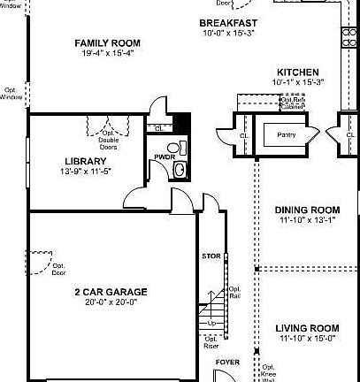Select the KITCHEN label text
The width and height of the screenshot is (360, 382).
(297, 71)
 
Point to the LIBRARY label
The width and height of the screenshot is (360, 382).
(86, 161)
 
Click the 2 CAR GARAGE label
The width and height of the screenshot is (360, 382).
(111, 291)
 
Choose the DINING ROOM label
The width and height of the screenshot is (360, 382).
(308, 210)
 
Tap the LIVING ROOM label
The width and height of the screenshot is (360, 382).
(308, 326)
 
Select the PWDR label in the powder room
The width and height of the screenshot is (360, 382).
(165, 157)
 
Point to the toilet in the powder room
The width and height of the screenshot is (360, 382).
(173, 147)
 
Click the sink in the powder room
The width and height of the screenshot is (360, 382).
(180, 169)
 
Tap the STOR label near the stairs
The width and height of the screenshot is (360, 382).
(211, 256)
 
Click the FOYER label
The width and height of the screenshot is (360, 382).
(227, 362)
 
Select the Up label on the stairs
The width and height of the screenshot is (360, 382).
(211, 324)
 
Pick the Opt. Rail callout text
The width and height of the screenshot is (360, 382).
(235, 293)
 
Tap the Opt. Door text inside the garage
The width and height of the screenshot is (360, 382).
(58, 270)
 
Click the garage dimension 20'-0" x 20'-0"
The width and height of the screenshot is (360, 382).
(111, 302)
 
